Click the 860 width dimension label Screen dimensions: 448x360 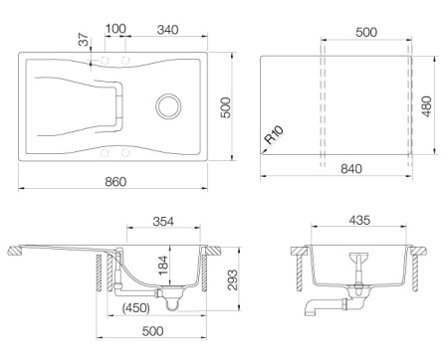pyautogui.click(x=115, y=182)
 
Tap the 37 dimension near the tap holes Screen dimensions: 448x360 pyautogui.click(x=85, y=40)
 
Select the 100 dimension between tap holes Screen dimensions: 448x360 pyautogui.click(x=115, y=29)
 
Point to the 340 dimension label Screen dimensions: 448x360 pyautogui.click(x=167, y=30)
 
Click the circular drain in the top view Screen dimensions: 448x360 pyautogui.click(x=168, y=106)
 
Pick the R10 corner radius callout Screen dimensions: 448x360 pyautogui.click(x=274, y=135)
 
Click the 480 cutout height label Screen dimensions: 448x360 pyautogui.click(x=427, y=106)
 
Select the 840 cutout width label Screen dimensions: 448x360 pyautogui.click(x=351, y=169)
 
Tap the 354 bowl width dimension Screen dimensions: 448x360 pyautogui.click(x=163, y=221)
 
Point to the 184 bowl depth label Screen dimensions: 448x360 pyautogui.click(x=163, y=266)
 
